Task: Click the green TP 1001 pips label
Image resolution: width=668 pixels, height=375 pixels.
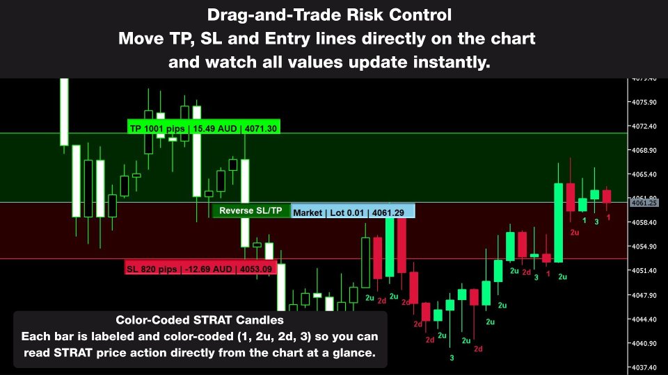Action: [204, 128]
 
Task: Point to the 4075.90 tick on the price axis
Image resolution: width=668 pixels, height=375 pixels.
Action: [644, 102]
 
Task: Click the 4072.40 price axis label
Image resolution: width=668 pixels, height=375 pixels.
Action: [644, 126]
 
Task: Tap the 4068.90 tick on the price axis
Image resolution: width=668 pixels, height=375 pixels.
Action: [644, 150]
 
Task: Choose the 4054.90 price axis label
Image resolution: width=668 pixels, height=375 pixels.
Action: [644, 247]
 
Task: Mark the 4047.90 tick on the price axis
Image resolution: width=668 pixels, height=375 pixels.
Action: [644, 295]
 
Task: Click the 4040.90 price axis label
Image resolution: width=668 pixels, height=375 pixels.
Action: [644, 343]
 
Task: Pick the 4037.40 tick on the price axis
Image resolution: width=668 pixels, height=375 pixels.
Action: [644, 367]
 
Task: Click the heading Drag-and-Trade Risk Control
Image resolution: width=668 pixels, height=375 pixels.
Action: [333, 15]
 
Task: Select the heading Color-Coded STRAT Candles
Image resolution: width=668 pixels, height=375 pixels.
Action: [199, 320]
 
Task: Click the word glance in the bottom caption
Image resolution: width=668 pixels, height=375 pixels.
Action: [356, 352]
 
